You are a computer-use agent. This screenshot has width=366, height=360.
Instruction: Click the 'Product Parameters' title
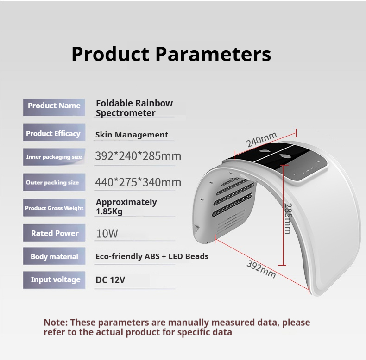(171, 54)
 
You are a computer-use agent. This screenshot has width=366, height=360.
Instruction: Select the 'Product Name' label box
(54, 106)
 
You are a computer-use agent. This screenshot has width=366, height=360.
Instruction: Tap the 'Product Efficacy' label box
(53, 134)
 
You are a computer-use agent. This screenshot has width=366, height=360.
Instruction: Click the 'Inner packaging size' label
(54, 157)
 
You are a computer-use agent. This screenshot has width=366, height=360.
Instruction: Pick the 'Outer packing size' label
(52, 182)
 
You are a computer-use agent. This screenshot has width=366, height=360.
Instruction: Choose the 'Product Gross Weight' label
(54, 208)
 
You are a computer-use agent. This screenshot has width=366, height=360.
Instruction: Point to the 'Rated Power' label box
(55, 233)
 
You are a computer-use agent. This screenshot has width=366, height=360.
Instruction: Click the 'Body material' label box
(54, 256)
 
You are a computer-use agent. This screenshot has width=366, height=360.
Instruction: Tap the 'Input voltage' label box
(55, 279)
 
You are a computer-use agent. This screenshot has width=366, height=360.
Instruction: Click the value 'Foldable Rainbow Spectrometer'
(134, 108)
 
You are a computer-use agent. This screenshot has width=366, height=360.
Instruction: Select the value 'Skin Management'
(132, 135)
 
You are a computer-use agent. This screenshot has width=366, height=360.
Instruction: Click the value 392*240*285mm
(138, 156)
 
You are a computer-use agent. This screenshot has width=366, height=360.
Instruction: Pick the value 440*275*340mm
(138, 182)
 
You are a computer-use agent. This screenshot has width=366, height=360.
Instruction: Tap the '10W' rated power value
(107, 233)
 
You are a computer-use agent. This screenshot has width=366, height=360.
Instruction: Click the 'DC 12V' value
(110, 279)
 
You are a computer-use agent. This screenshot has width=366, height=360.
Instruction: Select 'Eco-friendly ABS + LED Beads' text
(152, 256)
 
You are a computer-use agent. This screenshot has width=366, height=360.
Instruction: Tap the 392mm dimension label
(261, 269)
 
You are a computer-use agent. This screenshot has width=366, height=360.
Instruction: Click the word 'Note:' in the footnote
(56, 323)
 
